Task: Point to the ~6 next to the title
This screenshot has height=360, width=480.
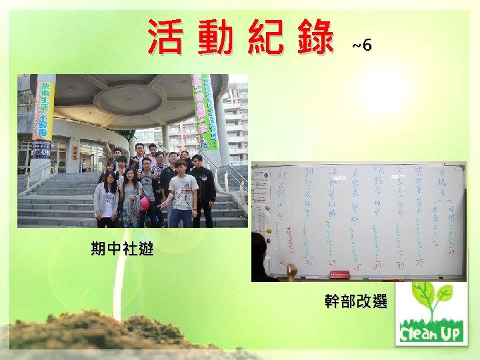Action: click(361, 45)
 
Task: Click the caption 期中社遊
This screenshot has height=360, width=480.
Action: click(123, 249)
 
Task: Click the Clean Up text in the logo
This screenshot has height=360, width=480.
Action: click(431, 331)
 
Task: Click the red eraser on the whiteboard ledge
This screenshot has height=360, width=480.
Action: click(340, 274)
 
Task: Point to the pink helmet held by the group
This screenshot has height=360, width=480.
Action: click(144, 201)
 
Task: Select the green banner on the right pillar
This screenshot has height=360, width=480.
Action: click(206, 111)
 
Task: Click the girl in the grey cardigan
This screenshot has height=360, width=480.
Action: click(107, 199)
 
